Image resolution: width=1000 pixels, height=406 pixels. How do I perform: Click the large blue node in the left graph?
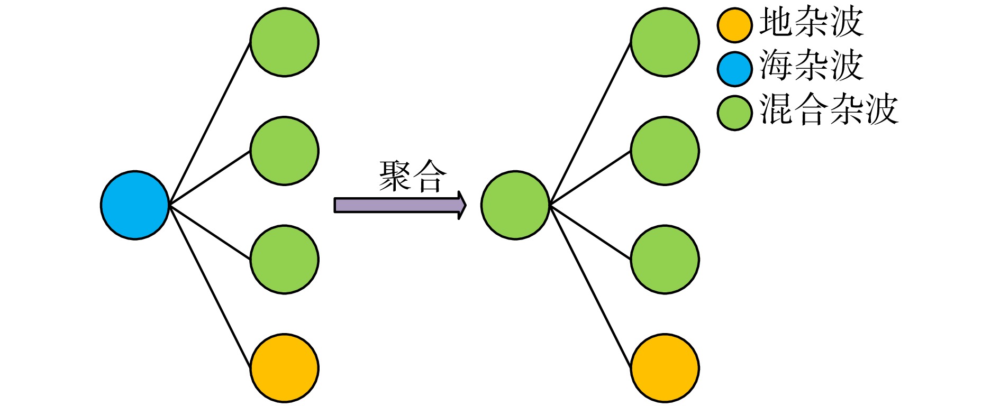coord(135,205)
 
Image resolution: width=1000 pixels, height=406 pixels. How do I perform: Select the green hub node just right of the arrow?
coord(515,205)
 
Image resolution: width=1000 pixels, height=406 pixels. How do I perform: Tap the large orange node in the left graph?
coord(284,368)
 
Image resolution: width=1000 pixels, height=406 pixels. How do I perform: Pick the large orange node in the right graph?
coord(665,368)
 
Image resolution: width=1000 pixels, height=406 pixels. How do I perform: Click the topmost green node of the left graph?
coord(284,42)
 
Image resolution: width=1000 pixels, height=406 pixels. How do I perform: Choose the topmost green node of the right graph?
coord(665,42)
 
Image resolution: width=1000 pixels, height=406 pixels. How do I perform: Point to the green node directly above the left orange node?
coord(284,260)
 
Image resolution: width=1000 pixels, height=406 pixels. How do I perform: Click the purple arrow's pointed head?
coord(462,205)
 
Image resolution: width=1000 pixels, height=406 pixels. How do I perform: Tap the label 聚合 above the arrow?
coord(413,176)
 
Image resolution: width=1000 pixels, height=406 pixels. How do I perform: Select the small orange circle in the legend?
coord(735,25)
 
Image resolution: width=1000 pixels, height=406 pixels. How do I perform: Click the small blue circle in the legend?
coord(735,69)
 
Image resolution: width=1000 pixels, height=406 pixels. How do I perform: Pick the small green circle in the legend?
coord(735,113)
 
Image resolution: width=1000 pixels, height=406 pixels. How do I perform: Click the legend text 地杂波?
coord(811,23)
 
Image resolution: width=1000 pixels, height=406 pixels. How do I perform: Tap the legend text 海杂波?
coord(811,66)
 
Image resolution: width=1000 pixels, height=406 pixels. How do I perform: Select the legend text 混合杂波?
coord(829,110)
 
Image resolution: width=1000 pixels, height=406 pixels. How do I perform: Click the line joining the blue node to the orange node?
coord(210,287)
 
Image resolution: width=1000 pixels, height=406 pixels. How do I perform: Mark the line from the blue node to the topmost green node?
coord(210,124)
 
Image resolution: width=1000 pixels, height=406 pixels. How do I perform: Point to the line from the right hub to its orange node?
coord(590,287)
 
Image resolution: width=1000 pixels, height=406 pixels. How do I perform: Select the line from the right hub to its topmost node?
coord(590,124)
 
